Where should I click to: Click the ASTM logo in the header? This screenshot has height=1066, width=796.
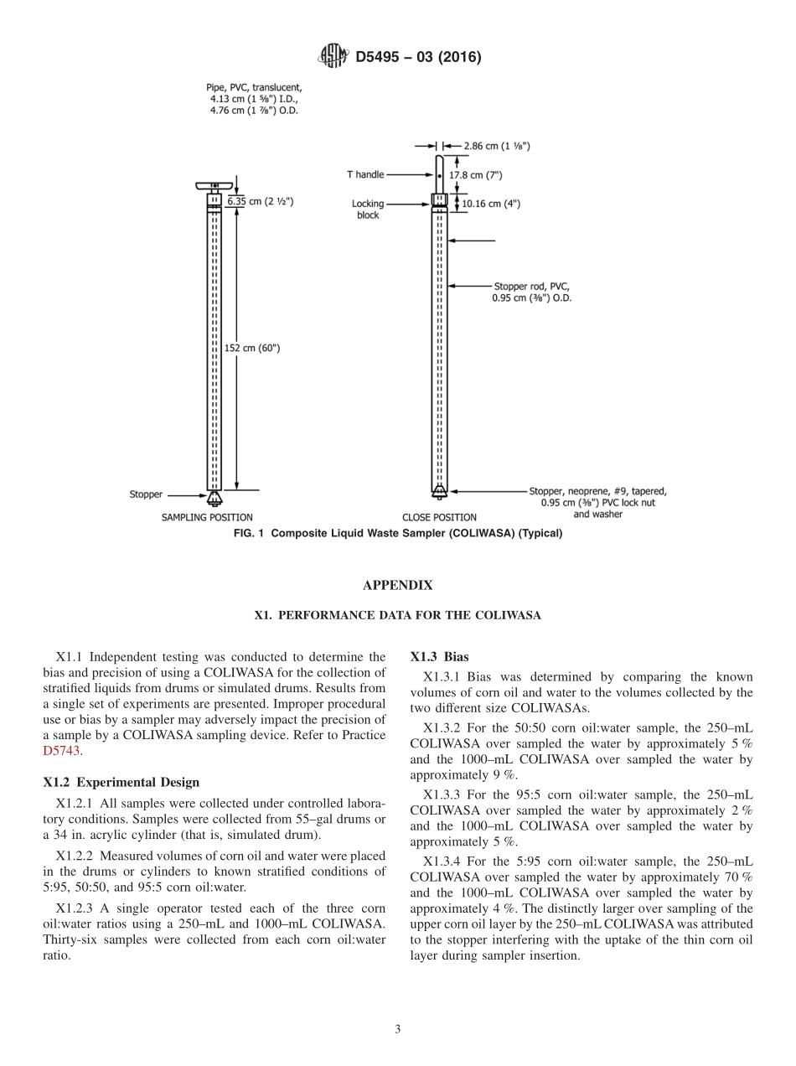333,58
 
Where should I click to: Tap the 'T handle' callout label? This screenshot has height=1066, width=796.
365,175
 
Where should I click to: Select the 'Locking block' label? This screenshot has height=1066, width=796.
366,210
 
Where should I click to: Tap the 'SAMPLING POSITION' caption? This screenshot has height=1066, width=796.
207,517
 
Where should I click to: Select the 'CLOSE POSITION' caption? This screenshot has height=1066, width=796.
439,517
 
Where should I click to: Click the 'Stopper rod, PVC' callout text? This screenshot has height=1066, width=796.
532,287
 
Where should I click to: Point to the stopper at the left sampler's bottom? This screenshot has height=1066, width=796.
215,499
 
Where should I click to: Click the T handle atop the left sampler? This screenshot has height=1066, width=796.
215,185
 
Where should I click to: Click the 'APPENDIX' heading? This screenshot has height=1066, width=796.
397,586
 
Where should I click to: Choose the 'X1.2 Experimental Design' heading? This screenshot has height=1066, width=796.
121,782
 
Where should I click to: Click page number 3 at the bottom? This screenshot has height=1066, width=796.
398,1029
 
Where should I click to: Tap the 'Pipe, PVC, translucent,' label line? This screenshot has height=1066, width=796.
254,87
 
